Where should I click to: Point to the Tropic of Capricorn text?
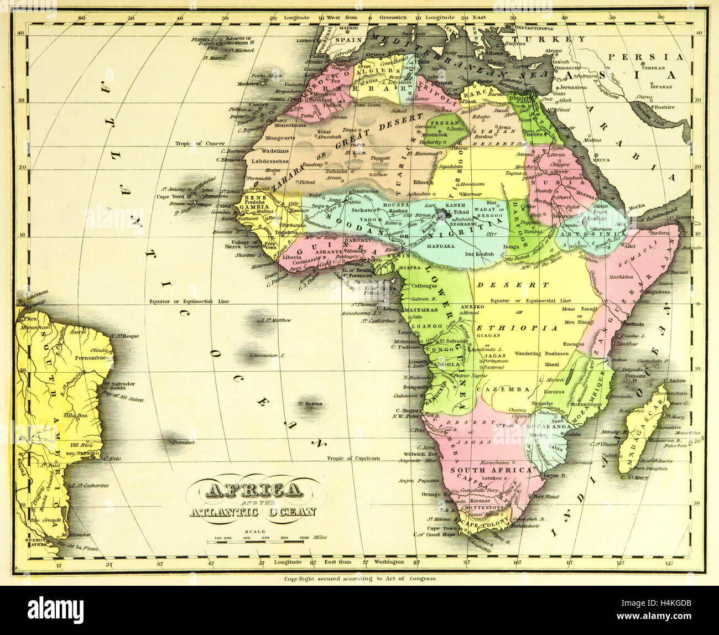[x=353, y=458]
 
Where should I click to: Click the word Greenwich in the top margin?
[x=393, y=18]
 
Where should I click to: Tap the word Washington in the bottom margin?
[x=389, y=562]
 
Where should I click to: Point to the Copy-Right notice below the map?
[x=361, y=579]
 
